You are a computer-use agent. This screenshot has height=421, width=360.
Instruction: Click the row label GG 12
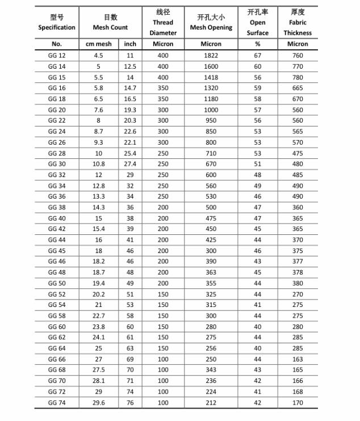click(x=57, y=56)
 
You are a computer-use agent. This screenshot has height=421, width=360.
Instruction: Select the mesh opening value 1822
click(x=211, y=56)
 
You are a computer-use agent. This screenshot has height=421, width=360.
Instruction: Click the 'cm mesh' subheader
click(x=98, y=44)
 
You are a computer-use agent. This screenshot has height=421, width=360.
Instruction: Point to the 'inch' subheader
click(x=130, y=44)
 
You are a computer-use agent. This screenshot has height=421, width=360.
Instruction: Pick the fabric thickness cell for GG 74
click(x=298, y=403)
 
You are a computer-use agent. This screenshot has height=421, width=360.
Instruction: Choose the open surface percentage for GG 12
click(x=258, y=56)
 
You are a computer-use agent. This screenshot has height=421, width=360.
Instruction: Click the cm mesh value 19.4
click(x=98, y=283)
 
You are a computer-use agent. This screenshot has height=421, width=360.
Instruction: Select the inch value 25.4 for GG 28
click(x=130, y=153)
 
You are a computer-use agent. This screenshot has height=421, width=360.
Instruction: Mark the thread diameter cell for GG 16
click(x=163, y=88)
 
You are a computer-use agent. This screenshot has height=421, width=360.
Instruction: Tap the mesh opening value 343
click(x=211, y=370)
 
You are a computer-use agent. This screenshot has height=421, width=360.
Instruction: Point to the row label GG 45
click(x=57, y=251)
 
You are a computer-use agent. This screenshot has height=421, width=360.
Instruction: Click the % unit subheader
click(x=258, y=44)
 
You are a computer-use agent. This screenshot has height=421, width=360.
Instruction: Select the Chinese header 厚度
click(x=298, y=12)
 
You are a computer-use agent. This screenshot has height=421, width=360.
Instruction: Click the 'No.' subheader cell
click(x=57, y=44)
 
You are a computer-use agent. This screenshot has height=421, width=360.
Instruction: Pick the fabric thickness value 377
click(x=298, y=262)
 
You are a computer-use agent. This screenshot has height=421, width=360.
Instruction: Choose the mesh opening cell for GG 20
click(x=211, y=110)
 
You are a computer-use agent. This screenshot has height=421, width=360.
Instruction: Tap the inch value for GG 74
click(x=130, y=403)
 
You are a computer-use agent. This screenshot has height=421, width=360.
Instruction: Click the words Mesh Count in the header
click(x=111, y=28)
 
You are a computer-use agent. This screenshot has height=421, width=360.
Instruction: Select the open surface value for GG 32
click(x=258, y=175)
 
